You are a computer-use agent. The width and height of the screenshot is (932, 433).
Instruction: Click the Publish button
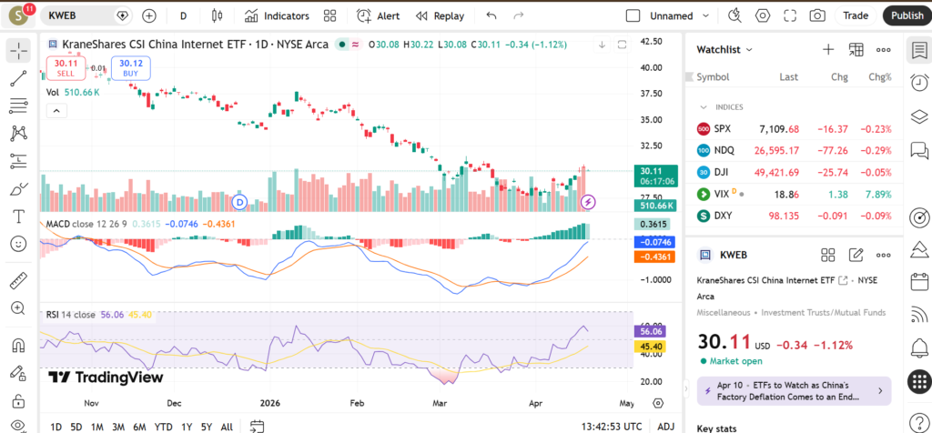coord(906,15)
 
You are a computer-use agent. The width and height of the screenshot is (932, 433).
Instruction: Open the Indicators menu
coord(277,15)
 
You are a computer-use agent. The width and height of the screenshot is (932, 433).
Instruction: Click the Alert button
coord(379,15)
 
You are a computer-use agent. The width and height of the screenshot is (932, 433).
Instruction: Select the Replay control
coord(440,15)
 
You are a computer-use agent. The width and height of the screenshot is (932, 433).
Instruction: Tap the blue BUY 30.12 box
coord(131,67)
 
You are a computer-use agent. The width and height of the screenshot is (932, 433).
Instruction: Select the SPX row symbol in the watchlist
coord(722,128)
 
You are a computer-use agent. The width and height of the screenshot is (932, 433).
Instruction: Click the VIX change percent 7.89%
coord(879,194)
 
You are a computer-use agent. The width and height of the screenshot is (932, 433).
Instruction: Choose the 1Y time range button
coord(186,427)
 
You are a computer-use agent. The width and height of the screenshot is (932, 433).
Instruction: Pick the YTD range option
coord(163,427)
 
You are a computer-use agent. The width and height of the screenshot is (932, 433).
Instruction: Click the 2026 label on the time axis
coord(269,402)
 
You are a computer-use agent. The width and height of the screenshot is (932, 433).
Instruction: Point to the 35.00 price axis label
coord(651,119)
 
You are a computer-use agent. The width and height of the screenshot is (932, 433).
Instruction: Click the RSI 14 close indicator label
coord(71,315)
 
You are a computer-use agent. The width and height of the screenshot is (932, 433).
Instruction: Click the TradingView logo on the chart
coord(106,378)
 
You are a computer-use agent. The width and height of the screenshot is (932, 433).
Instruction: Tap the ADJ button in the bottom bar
coord(666,427)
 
